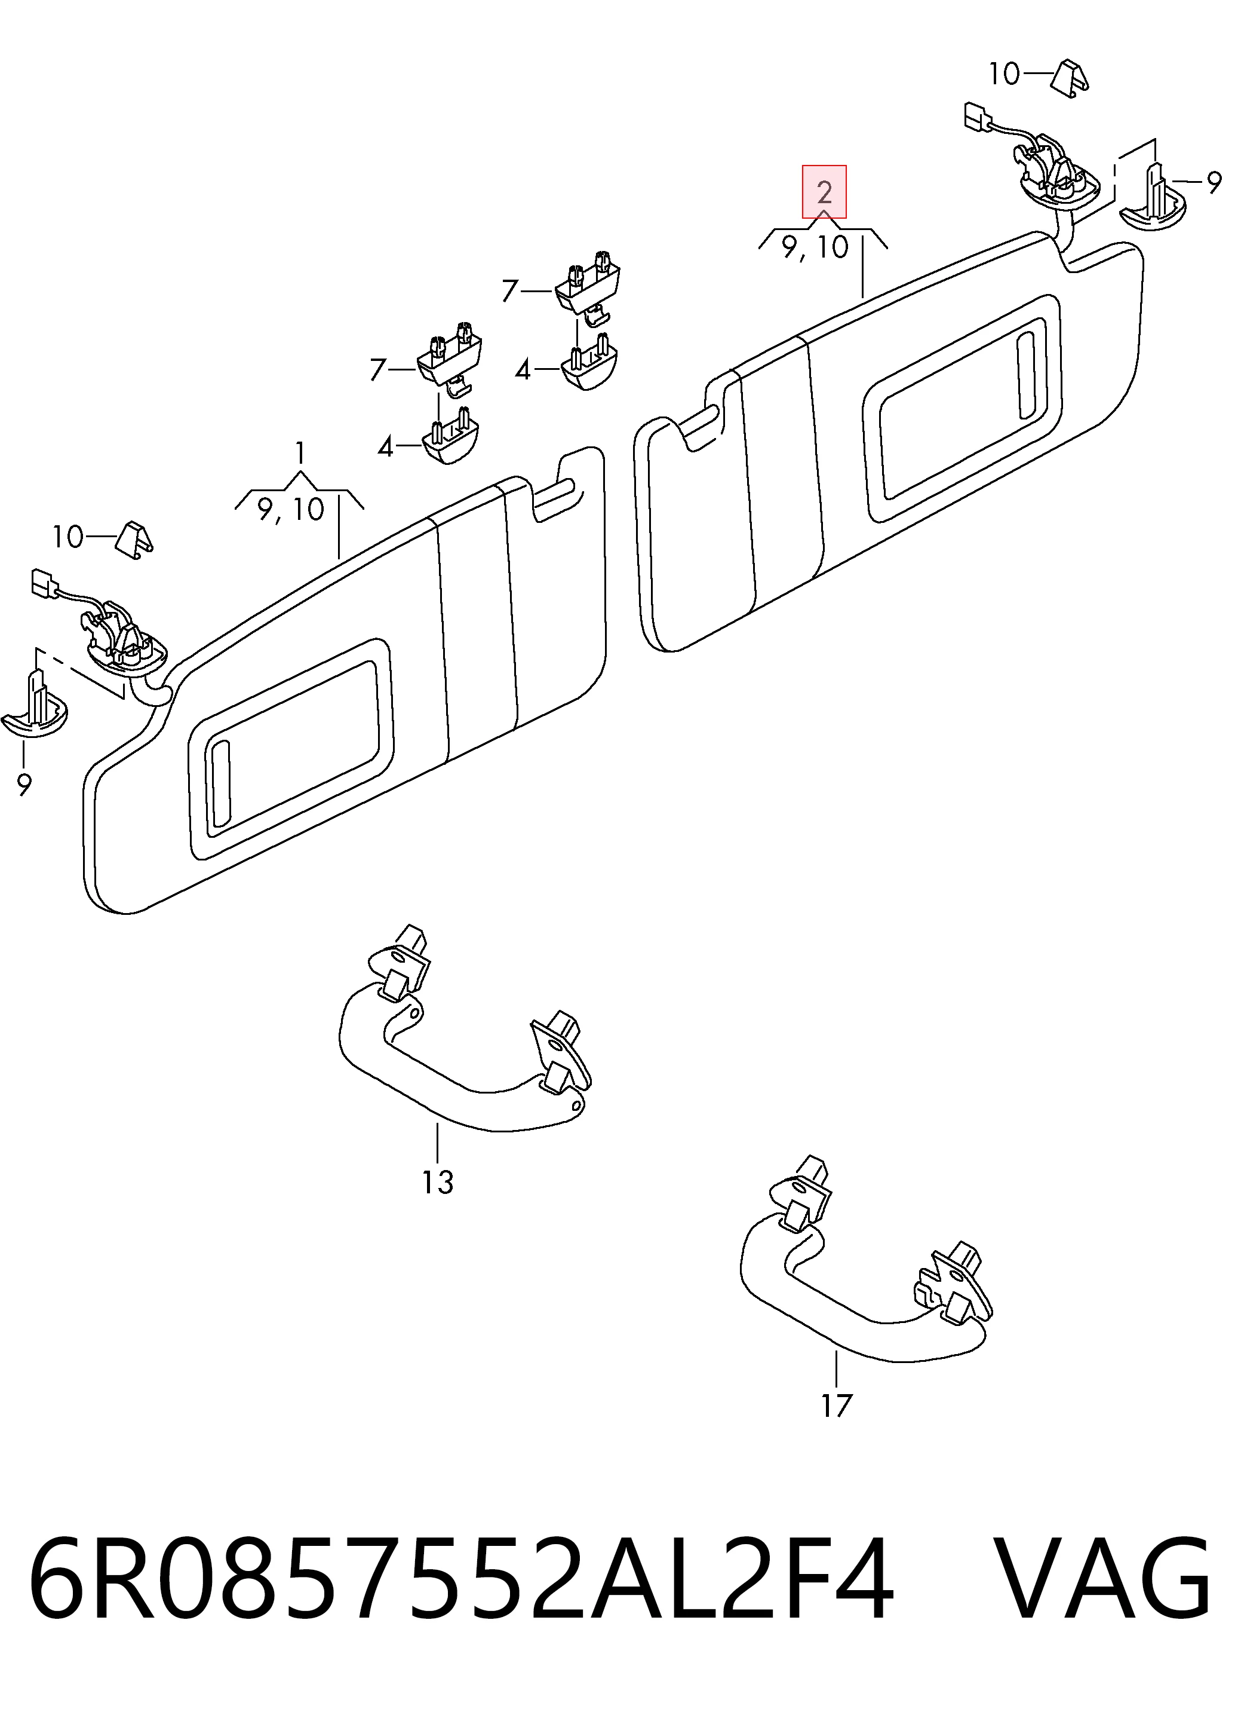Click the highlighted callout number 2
click(x=825, y=192)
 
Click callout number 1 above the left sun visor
click(x=300, y=452)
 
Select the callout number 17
click(x=836, y=1406)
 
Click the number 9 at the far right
click(x=1214, y=183)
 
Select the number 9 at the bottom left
click(x=24, y=785)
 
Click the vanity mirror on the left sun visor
click(x=291, y=749)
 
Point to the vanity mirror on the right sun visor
click(x=962, y=408)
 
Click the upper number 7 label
click(x=511, y=291)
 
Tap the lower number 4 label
click(x=385, y=447)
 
